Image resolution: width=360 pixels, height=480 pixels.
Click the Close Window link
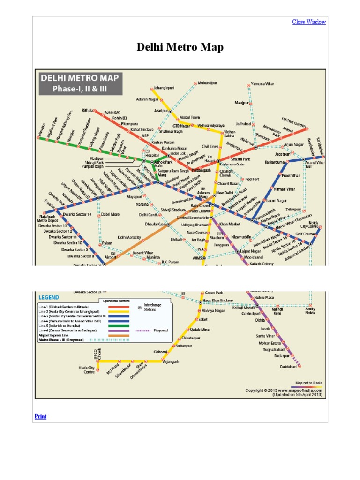[x=309, y=22]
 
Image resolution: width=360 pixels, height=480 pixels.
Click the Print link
[x=41, y=416]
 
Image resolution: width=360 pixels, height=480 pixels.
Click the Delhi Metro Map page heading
[x=180, y=47]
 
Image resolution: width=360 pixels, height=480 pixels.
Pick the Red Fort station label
[x=252, y=179]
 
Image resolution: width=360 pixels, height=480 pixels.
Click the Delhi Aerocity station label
[x=129, y=237]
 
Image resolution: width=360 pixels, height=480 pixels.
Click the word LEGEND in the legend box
[x=49, y=297]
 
